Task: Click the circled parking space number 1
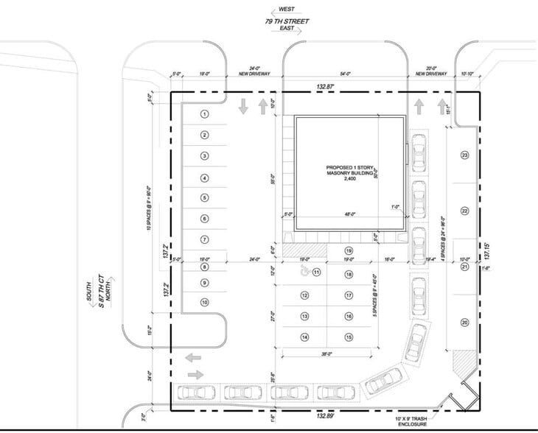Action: click(x=206, y=114)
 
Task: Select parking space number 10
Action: click(x=206, y=303)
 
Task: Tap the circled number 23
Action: click(x=465, y=155)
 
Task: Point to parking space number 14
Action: click(x=304, y=337)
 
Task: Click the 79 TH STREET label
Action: click(x=287, y=22)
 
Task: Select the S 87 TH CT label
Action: click(x=102, y=292)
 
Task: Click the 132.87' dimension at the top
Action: click(x=326, y=87)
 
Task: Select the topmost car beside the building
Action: click(x=419, y=152)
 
